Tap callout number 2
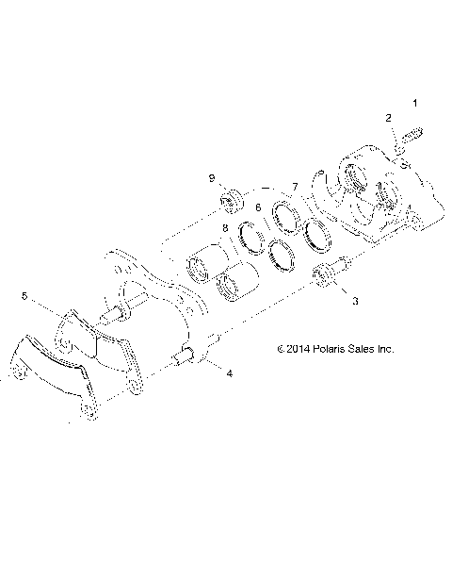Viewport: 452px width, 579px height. click(x=387, y=118)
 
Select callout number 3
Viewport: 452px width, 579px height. click(x=355, y=302)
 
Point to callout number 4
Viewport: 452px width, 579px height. click(x=228, y=373)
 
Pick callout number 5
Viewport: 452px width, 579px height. click(x=24, y=295)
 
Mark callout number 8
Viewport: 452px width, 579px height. click(x=225, y=228)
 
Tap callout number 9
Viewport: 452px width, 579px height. click(x=212, y=178)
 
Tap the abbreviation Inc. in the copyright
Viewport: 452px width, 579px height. click(x=384, y=348)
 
